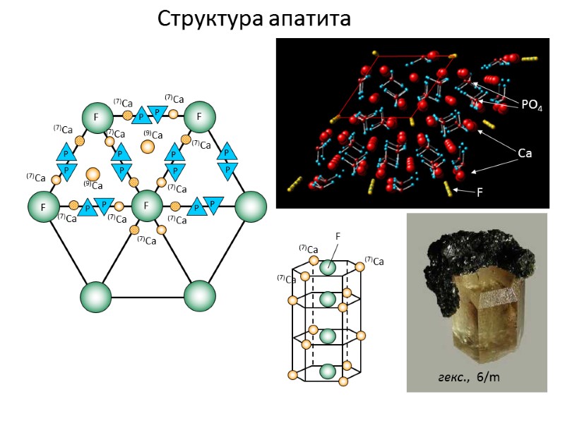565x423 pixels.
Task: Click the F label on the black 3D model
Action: click(480, 191)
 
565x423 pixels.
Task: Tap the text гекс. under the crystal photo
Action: click(454, 377)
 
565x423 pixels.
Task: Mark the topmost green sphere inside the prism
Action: click(327, 267)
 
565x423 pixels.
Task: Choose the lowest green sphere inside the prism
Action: click(327, 371)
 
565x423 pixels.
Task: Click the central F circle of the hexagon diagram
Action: click(147, 207)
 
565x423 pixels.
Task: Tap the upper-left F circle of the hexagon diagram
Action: click(96, 117)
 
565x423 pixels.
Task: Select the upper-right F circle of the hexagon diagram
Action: click(199, 117)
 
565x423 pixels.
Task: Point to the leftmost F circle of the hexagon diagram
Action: click(44, 207)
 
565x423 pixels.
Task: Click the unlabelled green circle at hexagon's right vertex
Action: click(250, 207)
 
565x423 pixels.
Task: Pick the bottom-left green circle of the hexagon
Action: click(96, 297)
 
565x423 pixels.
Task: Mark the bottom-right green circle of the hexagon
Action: click(199, 297)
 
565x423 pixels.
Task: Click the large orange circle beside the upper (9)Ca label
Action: click(148, 147)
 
